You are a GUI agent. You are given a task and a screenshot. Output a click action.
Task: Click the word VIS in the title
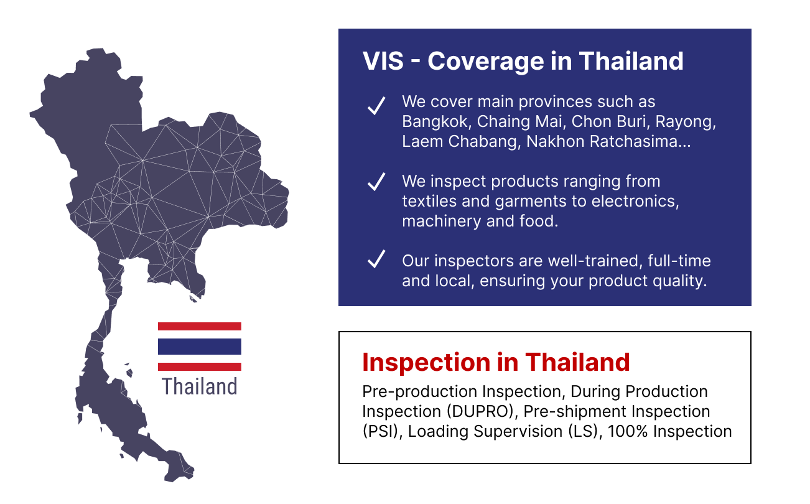pyautogui.click(x=383, y=61)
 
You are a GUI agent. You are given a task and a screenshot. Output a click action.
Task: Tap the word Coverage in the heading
pyautogui.click(x=486, y=62)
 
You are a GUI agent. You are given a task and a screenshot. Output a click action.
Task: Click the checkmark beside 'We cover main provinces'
pyautogui.click(x=376, y=106)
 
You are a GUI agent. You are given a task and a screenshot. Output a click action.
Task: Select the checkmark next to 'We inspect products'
pyautogui.click(x=376, y=182)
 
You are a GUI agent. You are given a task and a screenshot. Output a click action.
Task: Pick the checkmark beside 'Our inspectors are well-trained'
pyautogui.click(x=376, y=259)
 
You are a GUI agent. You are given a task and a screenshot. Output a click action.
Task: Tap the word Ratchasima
pyautogui.click(x=640, y=141)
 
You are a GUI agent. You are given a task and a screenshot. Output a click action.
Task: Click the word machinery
pyautogui.click(x=442, y=222)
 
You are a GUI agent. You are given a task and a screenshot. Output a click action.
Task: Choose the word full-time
pyautogui.click(x=679, y=261)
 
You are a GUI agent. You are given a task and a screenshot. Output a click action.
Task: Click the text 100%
pyautogui.click(x=627, y=431)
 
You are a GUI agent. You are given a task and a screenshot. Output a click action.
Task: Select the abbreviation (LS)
pyautogui.click(x=585, y=431)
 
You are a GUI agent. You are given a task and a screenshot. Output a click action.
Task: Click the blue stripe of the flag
pyautogui.click(x=200, y=347)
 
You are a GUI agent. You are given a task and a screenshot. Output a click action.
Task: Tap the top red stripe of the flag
pyautogui.click(x=200, y=326)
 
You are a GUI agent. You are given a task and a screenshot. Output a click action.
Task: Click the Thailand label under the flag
pyautogui.click(x=200, y=386)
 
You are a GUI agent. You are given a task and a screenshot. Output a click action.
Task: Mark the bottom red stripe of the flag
pyautogui.click(x=200, y=366)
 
